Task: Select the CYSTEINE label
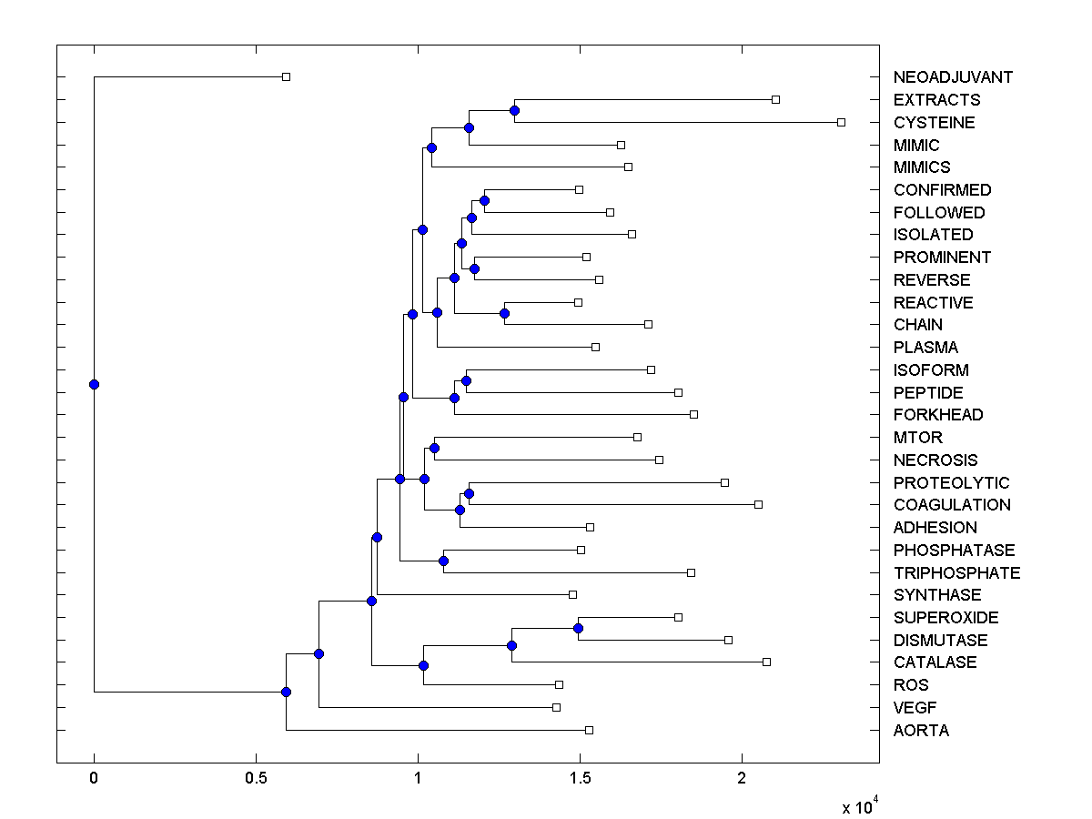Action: (934, 123)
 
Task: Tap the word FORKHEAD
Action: (938, 415)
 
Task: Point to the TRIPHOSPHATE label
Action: (956, 573)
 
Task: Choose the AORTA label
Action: (921, 731)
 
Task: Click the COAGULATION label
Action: (952, 505)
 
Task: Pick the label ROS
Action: (911, 685)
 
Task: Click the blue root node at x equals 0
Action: (94, 384)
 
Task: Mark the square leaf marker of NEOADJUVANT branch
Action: (286, 77)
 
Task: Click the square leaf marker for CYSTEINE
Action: (841, 122)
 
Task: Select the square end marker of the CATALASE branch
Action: (766, 662)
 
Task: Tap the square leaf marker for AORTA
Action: (589, 730)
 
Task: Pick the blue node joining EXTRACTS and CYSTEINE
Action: (514, 110)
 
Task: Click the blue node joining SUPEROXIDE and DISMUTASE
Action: (578, 628)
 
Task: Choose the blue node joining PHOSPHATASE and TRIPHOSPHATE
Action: (443, 561)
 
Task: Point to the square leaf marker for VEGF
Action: (556, 707)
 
